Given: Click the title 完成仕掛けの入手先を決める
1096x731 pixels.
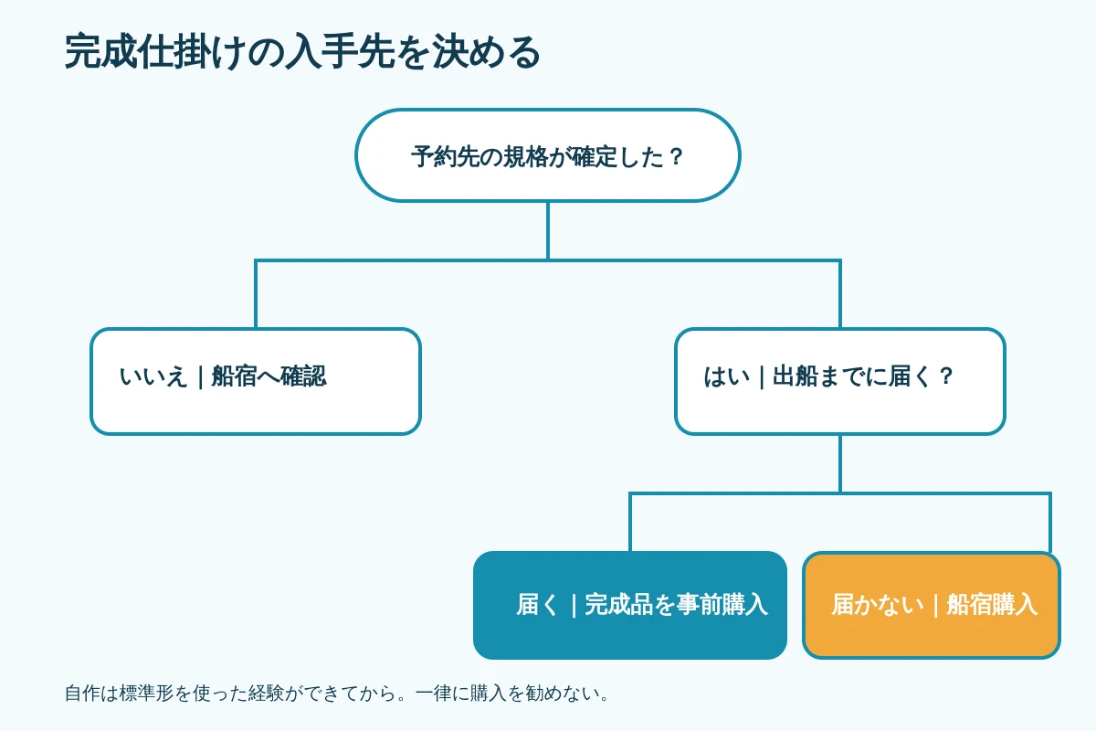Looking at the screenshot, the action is (x=302, y=52).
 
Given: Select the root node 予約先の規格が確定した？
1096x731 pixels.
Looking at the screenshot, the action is (x=547, y=155).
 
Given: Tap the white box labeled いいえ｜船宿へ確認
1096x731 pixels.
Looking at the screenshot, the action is (x=256, y=381).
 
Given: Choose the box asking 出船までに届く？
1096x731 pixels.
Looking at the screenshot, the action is (x=840, y=381).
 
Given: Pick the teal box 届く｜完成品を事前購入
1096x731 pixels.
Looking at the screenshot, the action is (x=629, y=605).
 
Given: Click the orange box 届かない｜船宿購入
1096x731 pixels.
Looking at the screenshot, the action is (x=932, y=605).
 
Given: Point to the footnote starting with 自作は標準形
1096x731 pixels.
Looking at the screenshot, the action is (x=337, y=694).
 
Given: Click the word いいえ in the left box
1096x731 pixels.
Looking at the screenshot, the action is (x=153, y=377).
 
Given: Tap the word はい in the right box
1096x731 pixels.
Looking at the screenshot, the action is (x=727, y=377).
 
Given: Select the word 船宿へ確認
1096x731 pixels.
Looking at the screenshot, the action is (x=269, y=377).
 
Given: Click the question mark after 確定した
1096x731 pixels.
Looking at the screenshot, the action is (x=676, y=156).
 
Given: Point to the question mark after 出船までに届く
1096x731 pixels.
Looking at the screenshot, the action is (x=946, y=377).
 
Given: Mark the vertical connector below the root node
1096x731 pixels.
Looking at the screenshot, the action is (x=547, y=230).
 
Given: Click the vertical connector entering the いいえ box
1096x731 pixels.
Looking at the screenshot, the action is (x=256, y=294).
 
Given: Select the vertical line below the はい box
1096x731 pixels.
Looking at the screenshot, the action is (x=840, y=463).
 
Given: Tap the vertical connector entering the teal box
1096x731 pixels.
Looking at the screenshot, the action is (x=629, y=522).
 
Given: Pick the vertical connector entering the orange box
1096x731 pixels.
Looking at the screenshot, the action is (x=1050, y=522).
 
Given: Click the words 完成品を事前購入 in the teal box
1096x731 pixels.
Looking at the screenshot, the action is (x=676, y=604).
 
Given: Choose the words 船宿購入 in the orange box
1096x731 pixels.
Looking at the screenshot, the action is (x=992, y=604).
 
